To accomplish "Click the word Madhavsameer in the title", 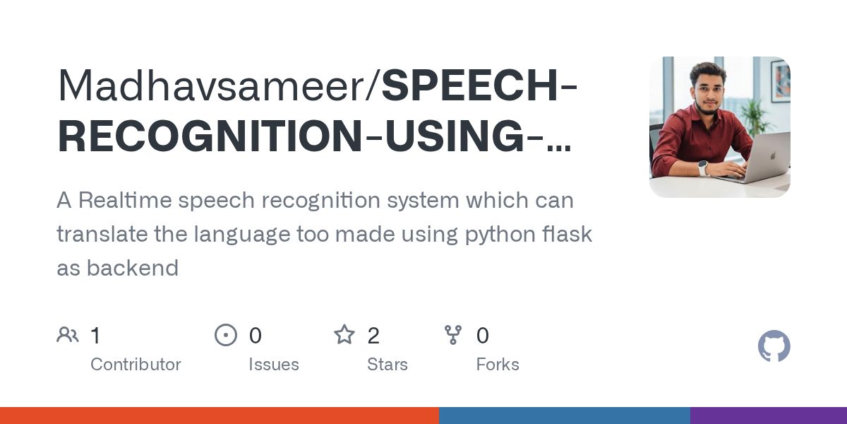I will (x=212, y=87).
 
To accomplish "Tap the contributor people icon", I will (x=68, y=335).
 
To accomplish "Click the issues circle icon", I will (x=226, y=335).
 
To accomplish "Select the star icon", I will (x=344, y=335).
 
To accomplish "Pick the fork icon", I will (x=453, y=335).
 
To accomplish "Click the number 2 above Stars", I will (x=373, y=336).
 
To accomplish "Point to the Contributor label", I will (x=136, y=365).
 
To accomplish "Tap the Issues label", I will (x=273, y=365).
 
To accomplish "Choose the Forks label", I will (x=498, y=365).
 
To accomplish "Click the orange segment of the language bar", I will (x=219, y=416).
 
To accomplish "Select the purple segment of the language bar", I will (x=768, y=416).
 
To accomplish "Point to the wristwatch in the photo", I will (x=703, y=167).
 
